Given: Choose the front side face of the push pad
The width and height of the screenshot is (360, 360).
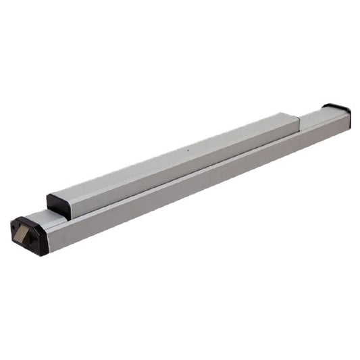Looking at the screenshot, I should (182, 166).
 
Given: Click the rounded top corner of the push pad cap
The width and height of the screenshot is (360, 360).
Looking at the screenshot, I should (50, 197).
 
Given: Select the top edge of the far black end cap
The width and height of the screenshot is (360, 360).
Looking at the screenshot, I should (336, 105).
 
